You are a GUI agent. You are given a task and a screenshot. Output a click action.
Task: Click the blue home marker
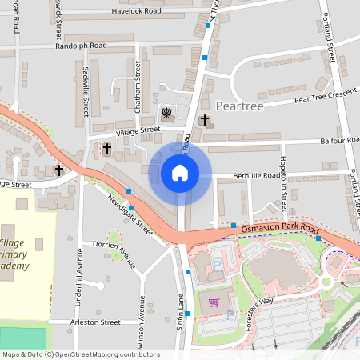[180, 173]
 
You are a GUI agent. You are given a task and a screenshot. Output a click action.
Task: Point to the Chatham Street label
[126, 84]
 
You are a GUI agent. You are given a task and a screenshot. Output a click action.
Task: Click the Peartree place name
[240, 106]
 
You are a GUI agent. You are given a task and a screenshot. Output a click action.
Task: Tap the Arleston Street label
[96, 322]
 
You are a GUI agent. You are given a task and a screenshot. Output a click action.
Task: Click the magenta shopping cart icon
[214, 302]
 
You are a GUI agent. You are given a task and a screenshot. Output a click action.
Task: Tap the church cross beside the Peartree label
[204, 120]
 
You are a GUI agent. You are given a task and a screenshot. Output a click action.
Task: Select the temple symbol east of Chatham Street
[166, 113]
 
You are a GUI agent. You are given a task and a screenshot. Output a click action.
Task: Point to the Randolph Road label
[81, 46]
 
